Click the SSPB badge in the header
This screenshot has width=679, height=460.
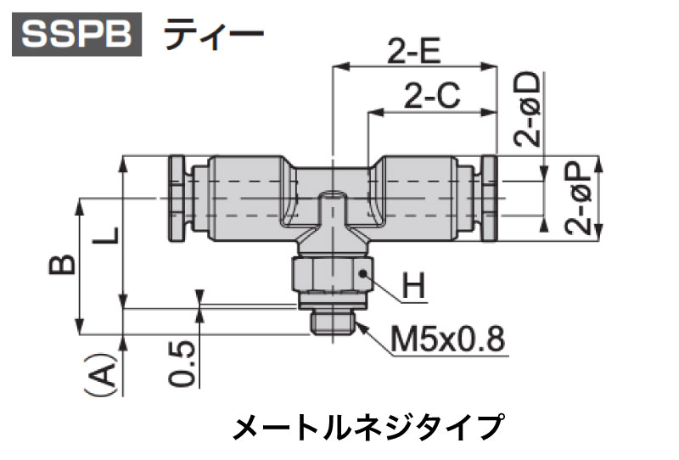pyautogui.click(x=76, y=34)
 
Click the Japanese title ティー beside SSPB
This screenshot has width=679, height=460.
pyautogui.click(x=214, y=34)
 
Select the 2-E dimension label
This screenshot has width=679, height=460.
pyautogui.click(x=414, y=51)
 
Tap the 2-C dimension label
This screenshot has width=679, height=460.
pyautogui.click(x=432, y=96)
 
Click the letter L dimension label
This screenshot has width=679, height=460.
pyautogui.click(x=105, y=235)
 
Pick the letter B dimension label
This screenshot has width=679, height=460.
pyautogui.click(x=61, y=265)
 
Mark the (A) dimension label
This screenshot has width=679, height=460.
pyautogui.click(x=100, y=374)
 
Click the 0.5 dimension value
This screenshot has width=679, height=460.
pyautogui.click(x=182, y=364)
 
